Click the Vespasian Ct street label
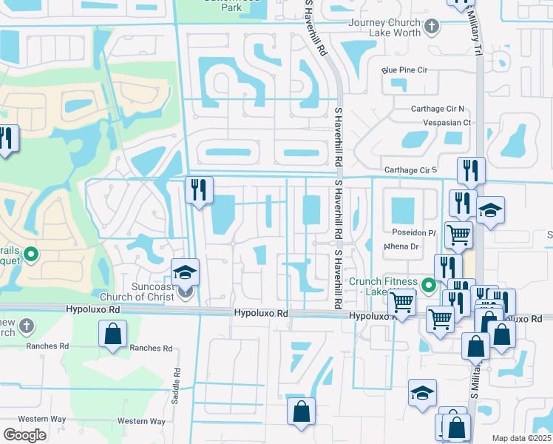(x=446, y=122)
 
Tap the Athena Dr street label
(x=401, y=246)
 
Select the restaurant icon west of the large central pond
(x=199, y=191)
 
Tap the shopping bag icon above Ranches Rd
(x=113, y=334)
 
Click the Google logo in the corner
(x=24, y=435)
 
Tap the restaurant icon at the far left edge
(x=6, y=139)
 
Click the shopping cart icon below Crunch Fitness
(x=401, y=303)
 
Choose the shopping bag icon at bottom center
(x=301, y=413)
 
